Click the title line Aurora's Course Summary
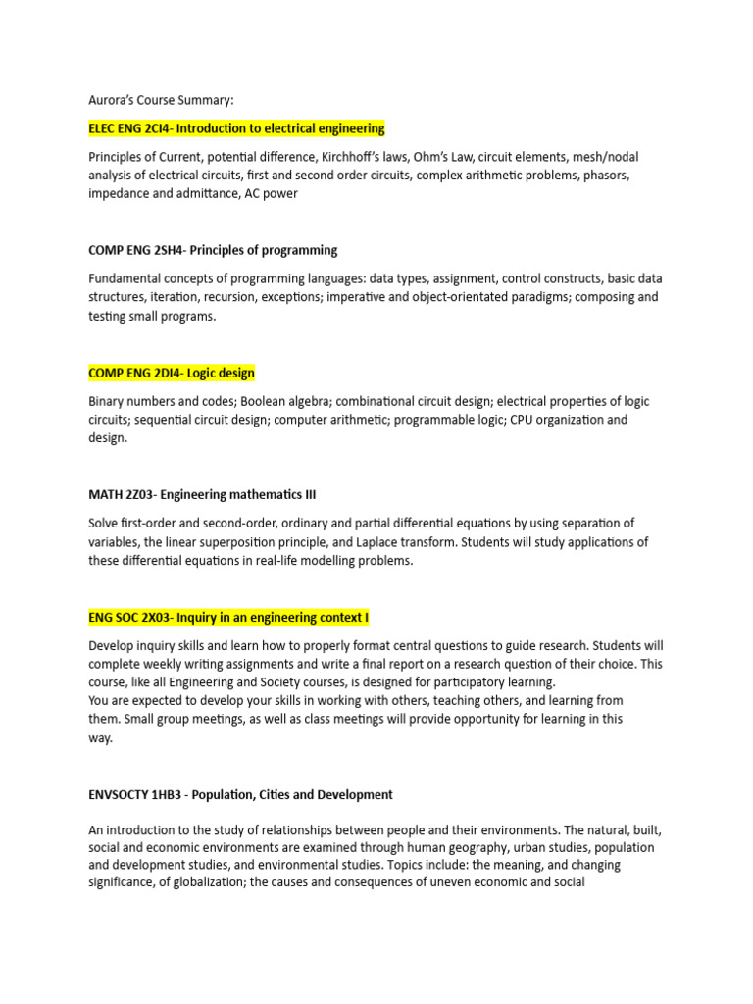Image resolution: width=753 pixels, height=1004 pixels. click(x=162, y=99)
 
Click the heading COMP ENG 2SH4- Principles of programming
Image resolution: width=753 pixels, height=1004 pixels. click(x=213, y=250)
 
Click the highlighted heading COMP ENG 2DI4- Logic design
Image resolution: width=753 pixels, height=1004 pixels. click(x=172, y=373)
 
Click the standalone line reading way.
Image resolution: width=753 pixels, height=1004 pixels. click(x=100, y=738)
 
